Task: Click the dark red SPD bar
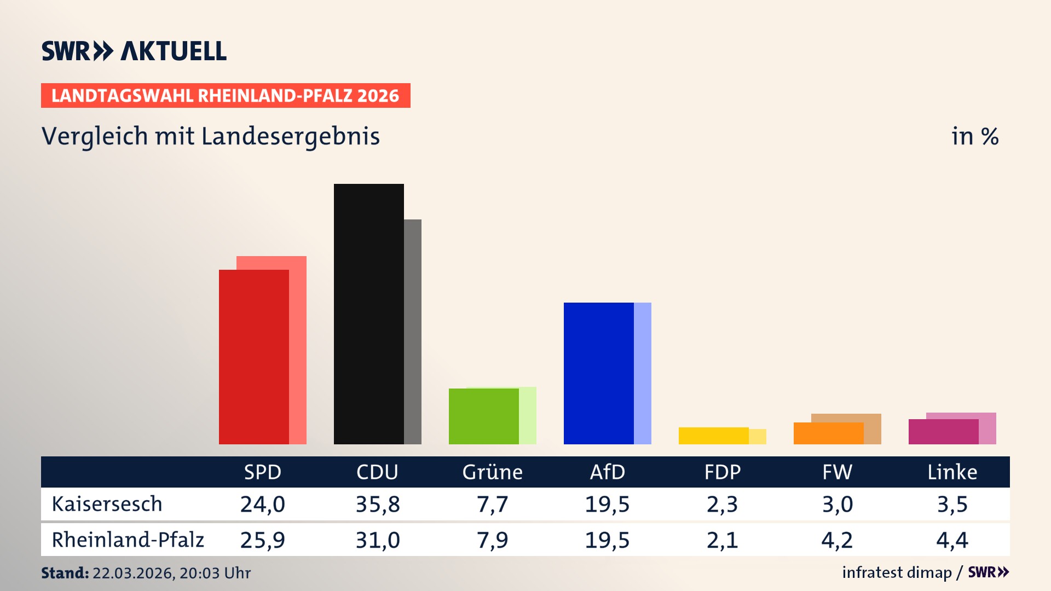253,357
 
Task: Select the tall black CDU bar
368,314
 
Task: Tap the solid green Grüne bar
483,416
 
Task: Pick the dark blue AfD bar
598,373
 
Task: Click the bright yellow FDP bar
713,436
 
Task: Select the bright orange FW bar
828,433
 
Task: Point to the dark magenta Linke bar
943,432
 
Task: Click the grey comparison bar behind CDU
413,332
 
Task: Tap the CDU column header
377,472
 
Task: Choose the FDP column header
722,472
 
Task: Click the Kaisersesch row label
107,504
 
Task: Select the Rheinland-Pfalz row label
128,540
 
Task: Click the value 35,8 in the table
377,504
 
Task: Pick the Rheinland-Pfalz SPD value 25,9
262,540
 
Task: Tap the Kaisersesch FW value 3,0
837,504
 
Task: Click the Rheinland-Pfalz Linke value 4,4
952,540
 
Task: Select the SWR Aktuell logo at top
134,51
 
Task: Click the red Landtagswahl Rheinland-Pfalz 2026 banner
225,96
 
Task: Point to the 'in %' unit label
974,136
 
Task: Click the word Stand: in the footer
65,573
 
